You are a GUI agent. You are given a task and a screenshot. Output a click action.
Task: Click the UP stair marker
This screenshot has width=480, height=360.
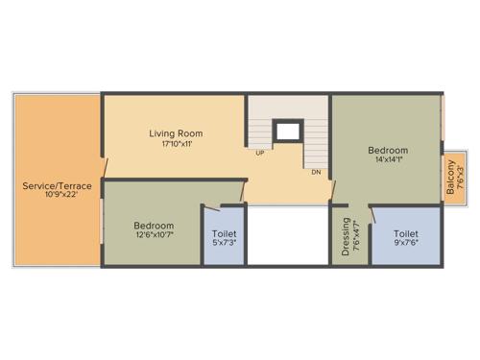(259, 153)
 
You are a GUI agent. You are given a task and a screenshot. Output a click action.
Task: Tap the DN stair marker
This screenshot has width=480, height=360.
(315, 172)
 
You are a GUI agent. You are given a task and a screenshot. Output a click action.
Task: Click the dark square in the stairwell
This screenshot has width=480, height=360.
(285, 132)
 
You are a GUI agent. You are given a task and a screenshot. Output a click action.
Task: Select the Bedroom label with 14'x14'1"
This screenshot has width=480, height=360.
(388, 151)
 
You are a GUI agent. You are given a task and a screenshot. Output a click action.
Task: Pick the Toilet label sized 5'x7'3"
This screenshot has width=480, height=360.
(223, 233)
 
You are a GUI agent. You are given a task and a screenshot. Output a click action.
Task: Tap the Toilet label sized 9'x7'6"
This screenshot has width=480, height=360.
(405, 233)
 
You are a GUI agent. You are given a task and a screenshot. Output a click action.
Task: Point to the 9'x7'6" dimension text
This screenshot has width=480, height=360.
(405, 244)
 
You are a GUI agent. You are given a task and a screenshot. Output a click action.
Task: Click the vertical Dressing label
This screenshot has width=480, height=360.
(346, 238)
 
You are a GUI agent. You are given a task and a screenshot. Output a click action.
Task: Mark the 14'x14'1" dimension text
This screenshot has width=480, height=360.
(388, 161)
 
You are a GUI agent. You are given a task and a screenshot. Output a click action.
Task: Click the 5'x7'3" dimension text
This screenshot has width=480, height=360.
(223, 244)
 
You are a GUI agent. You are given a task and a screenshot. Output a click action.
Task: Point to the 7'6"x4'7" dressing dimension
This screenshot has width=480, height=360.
(356, 238)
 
